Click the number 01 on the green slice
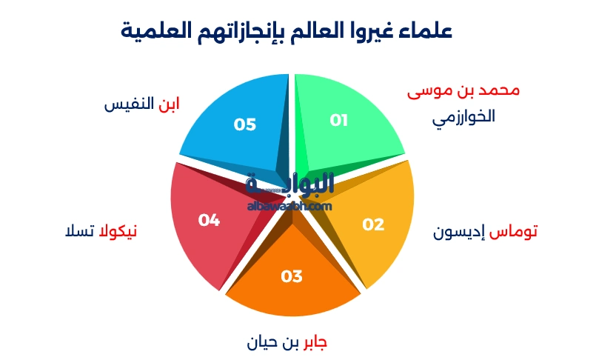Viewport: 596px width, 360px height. [x=338, y=120]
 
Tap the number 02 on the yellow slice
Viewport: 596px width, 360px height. [x=373, y=224]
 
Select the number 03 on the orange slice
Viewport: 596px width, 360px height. [x=292, y=276]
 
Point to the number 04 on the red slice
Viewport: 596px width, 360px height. [x=210, y=220]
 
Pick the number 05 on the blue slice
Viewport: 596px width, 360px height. [x=244, y=124]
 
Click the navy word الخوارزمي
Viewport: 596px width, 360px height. [x=463, y=117]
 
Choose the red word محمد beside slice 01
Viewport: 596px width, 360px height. [x=499, y=90]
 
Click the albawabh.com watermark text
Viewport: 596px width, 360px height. [x=289, y=206]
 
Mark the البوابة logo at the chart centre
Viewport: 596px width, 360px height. [x=289, y=184]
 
